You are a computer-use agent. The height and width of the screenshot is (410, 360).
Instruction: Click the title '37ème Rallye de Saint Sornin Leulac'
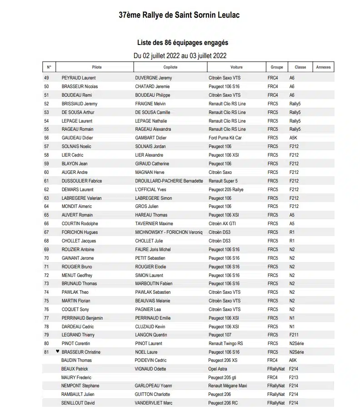[179, 15]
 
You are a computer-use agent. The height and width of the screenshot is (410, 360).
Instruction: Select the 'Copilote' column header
[170, 67]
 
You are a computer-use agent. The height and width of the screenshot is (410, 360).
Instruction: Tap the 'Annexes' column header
[323, 67]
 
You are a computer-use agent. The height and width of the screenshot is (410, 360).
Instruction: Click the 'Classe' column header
[300, 67]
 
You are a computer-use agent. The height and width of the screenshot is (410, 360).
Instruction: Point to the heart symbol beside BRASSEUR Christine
[57, 351]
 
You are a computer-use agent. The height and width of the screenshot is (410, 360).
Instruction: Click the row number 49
[46, 78]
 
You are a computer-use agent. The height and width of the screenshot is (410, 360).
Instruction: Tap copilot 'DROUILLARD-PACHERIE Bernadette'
[169, 181]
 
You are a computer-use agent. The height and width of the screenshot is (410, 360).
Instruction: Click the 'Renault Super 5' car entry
[223, 181]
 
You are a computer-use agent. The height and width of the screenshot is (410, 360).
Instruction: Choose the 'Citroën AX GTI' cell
[222, 224]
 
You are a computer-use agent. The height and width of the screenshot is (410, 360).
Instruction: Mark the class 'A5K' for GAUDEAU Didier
[294, 138]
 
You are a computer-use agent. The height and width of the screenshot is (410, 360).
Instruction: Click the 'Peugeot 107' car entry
[220, 335]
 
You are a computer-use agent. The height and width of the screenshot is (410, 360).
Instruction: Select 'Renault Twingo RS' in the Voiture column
[225, 344]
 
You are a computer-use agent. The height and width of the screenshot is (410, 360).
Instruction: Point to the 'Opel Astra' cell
[218, 369]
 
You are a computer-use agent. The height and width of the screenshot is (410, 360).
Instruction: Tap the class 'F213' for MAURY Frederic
[294, 378]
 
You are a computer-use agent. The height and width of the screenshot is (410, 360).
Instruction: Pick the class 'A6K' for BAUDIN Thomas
[293, 361]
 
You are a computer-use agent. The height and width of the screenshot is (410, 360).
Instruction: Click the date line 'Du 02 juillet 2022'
[180, 56]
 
